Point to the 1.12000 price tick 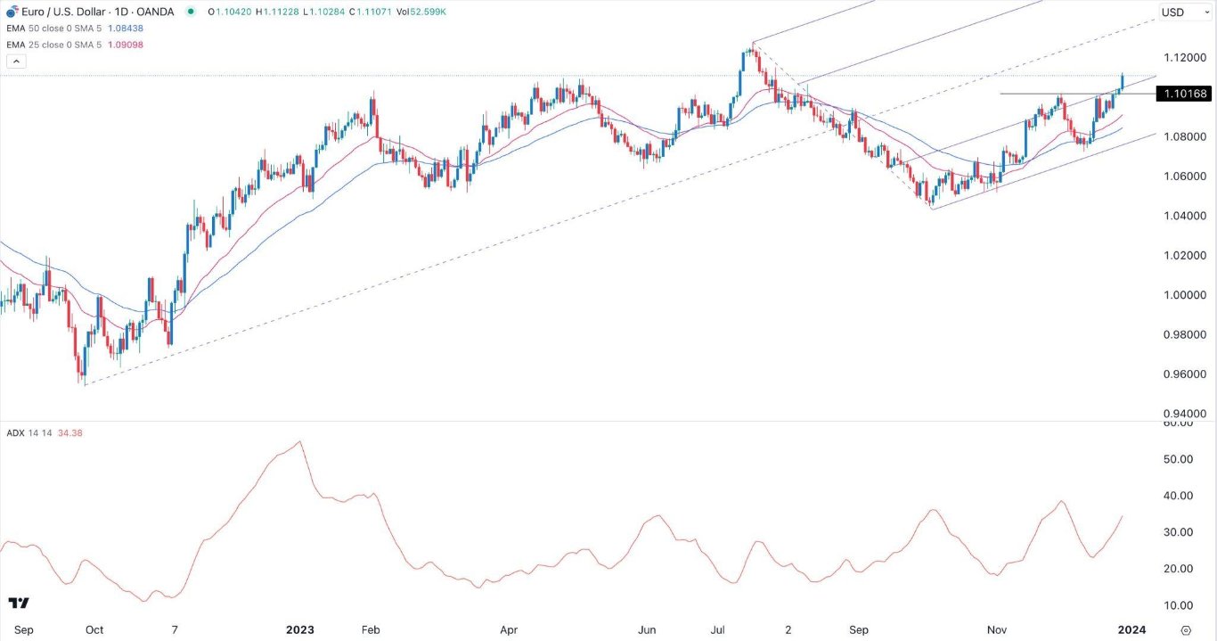1184,58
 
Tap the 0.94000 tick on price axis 1184,414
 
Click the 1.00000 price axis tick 1184,295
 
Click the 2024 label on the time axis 1131,629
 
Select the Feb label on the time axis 371,629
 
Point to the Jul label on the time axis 718,629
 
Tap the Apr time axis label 509,629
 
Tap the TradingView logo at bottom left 19,604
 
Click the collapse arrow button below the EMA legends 15,61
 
